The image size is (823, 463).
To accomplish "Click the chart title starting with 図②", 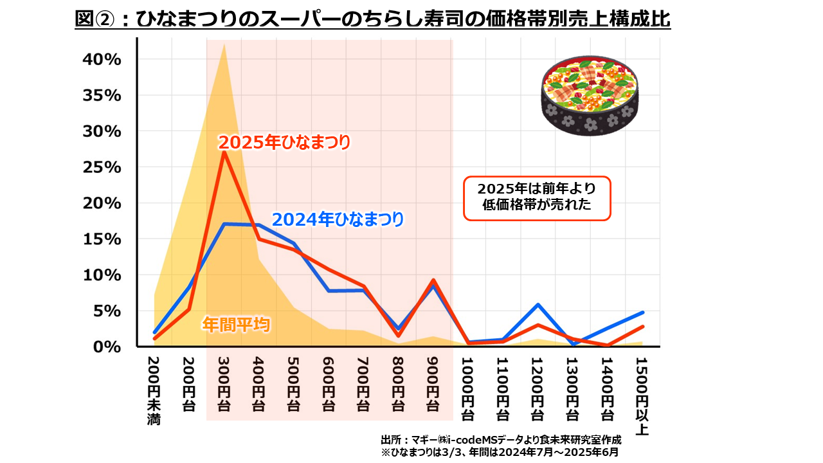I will tap(372, 19).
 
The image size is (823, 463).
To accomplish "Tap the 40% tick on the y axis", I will tap(102, 59).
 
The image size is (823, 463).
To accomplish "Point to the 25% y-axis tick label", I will tap(102, 167).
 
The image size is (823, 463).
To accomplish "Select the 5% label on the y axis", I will tap(106, 311).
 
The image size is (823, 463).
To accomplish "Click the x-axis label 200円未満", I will tap(154, 390).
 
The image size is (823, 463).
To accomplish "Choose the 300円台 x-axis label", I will tap(224, 384).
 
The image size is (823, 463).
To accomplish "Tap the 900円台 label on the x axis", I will tap(433, 384).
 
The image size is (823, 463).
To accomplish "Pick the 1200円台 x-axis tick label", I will tap(538, 387).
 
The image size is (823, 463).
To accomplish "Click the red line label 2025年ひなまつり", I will tap(284, 142).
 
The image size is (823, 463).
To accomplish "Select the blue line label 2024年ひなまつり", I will tap(338, 220).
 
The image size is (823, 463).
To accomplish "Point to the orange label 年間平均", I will tap(235, 324).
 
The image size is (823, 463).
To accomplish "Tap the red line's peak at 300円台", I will tap(224, 152).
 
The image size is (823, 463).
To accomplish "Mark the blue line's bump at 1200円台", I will tap(538, 305).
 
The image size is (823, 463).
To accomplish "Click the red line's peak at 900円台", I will tap(433, 280).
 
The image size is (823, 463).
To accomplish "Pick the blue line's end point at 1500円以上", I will tap(642, 313).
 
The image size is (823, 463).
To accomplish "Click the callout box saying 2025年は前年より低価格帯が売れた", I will tap(537, 197).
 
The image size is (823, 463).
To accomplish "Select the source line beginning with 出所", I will tap(501, 440).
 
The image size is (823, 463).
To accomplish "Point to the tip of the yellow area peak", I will tap(224, 44).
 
